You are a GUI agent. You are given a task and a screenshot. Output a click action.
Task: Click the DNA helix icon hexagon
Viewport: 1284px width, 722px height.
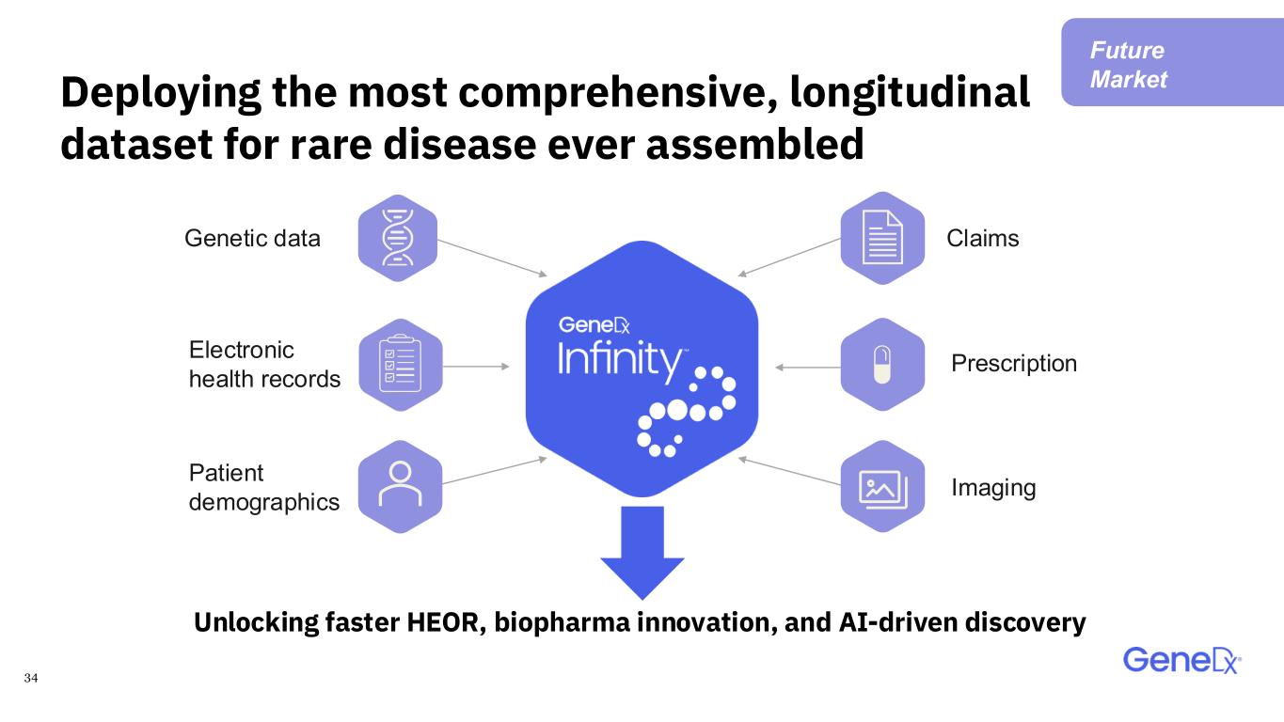398,238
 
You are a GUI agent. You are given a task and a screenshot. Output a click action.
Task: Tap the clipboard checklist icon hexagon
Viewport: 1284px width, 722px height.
401,365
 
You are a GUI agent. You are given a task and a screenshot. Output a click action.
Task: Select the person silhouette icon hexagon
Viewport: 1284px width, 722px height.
400,486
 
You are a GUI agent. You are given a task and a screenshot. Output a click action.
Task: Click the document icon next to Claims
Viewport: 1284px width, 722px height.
882,238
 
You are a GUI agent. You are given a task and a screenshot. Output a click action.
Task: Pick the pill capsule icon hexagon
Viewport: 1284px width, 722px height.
882,365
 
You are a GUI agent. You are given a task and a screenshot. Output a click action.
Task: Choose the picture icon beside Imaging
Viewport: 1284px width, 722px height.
882,486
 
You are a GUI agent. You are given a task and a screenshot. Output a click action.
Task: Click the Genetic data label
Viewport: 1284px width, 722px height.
252,239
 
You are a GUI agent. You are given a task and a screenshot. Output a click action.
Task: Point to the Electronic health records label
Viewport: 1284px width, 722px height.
264,365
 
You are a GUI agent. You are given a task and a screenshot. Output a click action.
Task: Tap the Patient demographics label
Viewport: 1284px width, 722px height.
263,488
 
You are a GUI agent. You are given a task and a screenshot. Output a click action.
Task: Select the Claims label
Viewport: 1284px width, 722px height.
982,239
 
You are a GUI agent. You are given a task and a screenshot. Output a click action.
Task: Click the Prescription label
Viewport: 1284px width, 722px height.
1014,363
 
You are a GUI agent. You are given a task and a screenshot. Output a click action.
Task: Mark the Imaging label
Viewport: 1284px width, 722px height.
993,488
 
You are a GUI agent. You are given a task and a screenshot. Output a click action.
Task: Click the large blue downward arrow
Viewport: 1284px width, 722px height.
642,553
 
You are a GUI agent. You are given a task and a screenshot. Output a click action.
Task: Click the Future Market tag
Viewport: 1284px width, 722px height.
1172,62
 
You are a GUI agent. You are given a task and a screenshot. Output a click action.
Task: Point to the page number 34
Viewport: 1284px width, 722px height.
31,678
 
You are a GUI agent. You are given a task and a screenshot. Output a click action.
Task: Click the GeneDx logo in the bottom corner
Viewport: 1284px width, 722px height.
1182,661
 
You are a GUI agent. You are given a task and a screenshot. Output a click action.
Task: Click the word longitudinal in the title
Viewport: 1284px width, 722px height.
910,93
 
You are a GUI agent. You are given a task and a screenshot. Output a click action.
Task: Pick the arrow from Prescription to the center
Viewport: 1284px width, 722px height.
808,368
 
